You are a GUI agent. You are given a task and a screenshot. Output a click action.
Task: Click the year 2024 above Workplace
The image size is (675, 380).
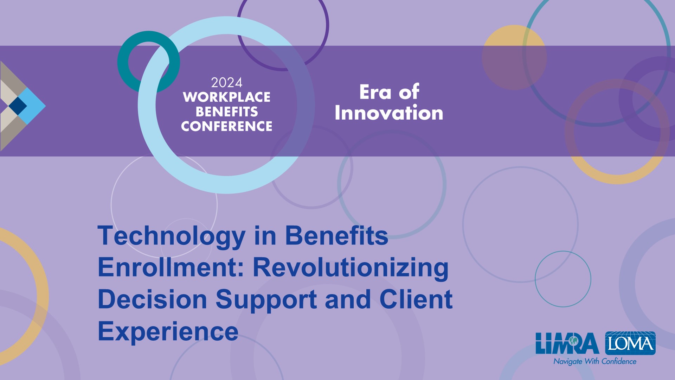coord(227,83)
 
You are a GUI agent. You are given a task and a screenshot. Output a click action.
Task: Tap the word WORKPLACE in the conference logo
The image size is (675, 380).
coord(227,97)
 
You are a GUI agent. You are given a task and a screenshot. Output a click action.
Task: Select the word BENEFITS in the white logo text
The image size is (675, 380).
coord(227,112)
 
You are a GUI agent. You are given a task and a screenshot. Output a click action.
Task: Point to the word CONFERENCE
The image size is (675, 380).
coord(227,126)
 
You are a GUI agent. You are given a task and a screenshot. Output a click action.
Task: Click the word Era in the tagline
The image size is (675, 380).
coord(375,92)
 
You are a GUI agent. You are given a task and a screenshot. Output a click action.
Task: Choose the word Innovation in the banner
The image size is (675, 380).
coord(389,113)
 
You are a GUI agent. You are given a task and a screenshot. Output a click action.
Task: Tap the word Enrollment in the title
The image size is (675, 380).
coord(171,267)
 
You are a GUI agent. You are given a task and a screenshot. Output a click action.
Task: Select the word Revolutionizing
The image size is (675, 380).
coord(351,268)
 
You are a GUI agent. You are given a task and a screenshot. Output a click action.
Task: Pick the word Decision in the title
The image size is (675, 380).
coord(153,299)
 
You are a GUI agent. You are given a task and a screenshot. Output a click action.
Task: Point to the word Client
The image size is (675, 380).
coord(416,299)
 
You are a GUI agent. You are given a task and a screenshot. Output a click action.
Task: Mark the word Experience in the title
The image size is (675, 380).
coord(168,332)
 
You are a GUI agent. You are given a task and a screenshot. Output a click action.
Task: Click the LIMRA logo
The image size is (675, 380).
coord(567,343)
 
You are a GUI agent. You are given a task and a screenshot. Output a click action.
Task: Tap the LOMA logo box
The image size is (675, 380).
coord(630,343)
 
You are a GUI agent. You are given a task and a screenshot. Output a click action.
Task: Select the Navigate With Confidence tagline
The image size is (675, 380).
coord(595,361)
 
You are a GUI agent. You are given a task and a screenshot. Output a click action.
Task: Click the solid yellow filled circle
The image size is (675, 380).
coord(514,57)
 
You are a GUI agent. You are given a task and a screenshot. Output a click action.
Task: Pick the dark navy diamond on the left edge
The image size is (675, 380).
coord(18,106)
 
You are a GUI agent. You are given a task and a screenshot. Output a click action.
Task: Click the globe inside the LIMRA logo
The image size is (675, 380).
coord(574,341)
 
